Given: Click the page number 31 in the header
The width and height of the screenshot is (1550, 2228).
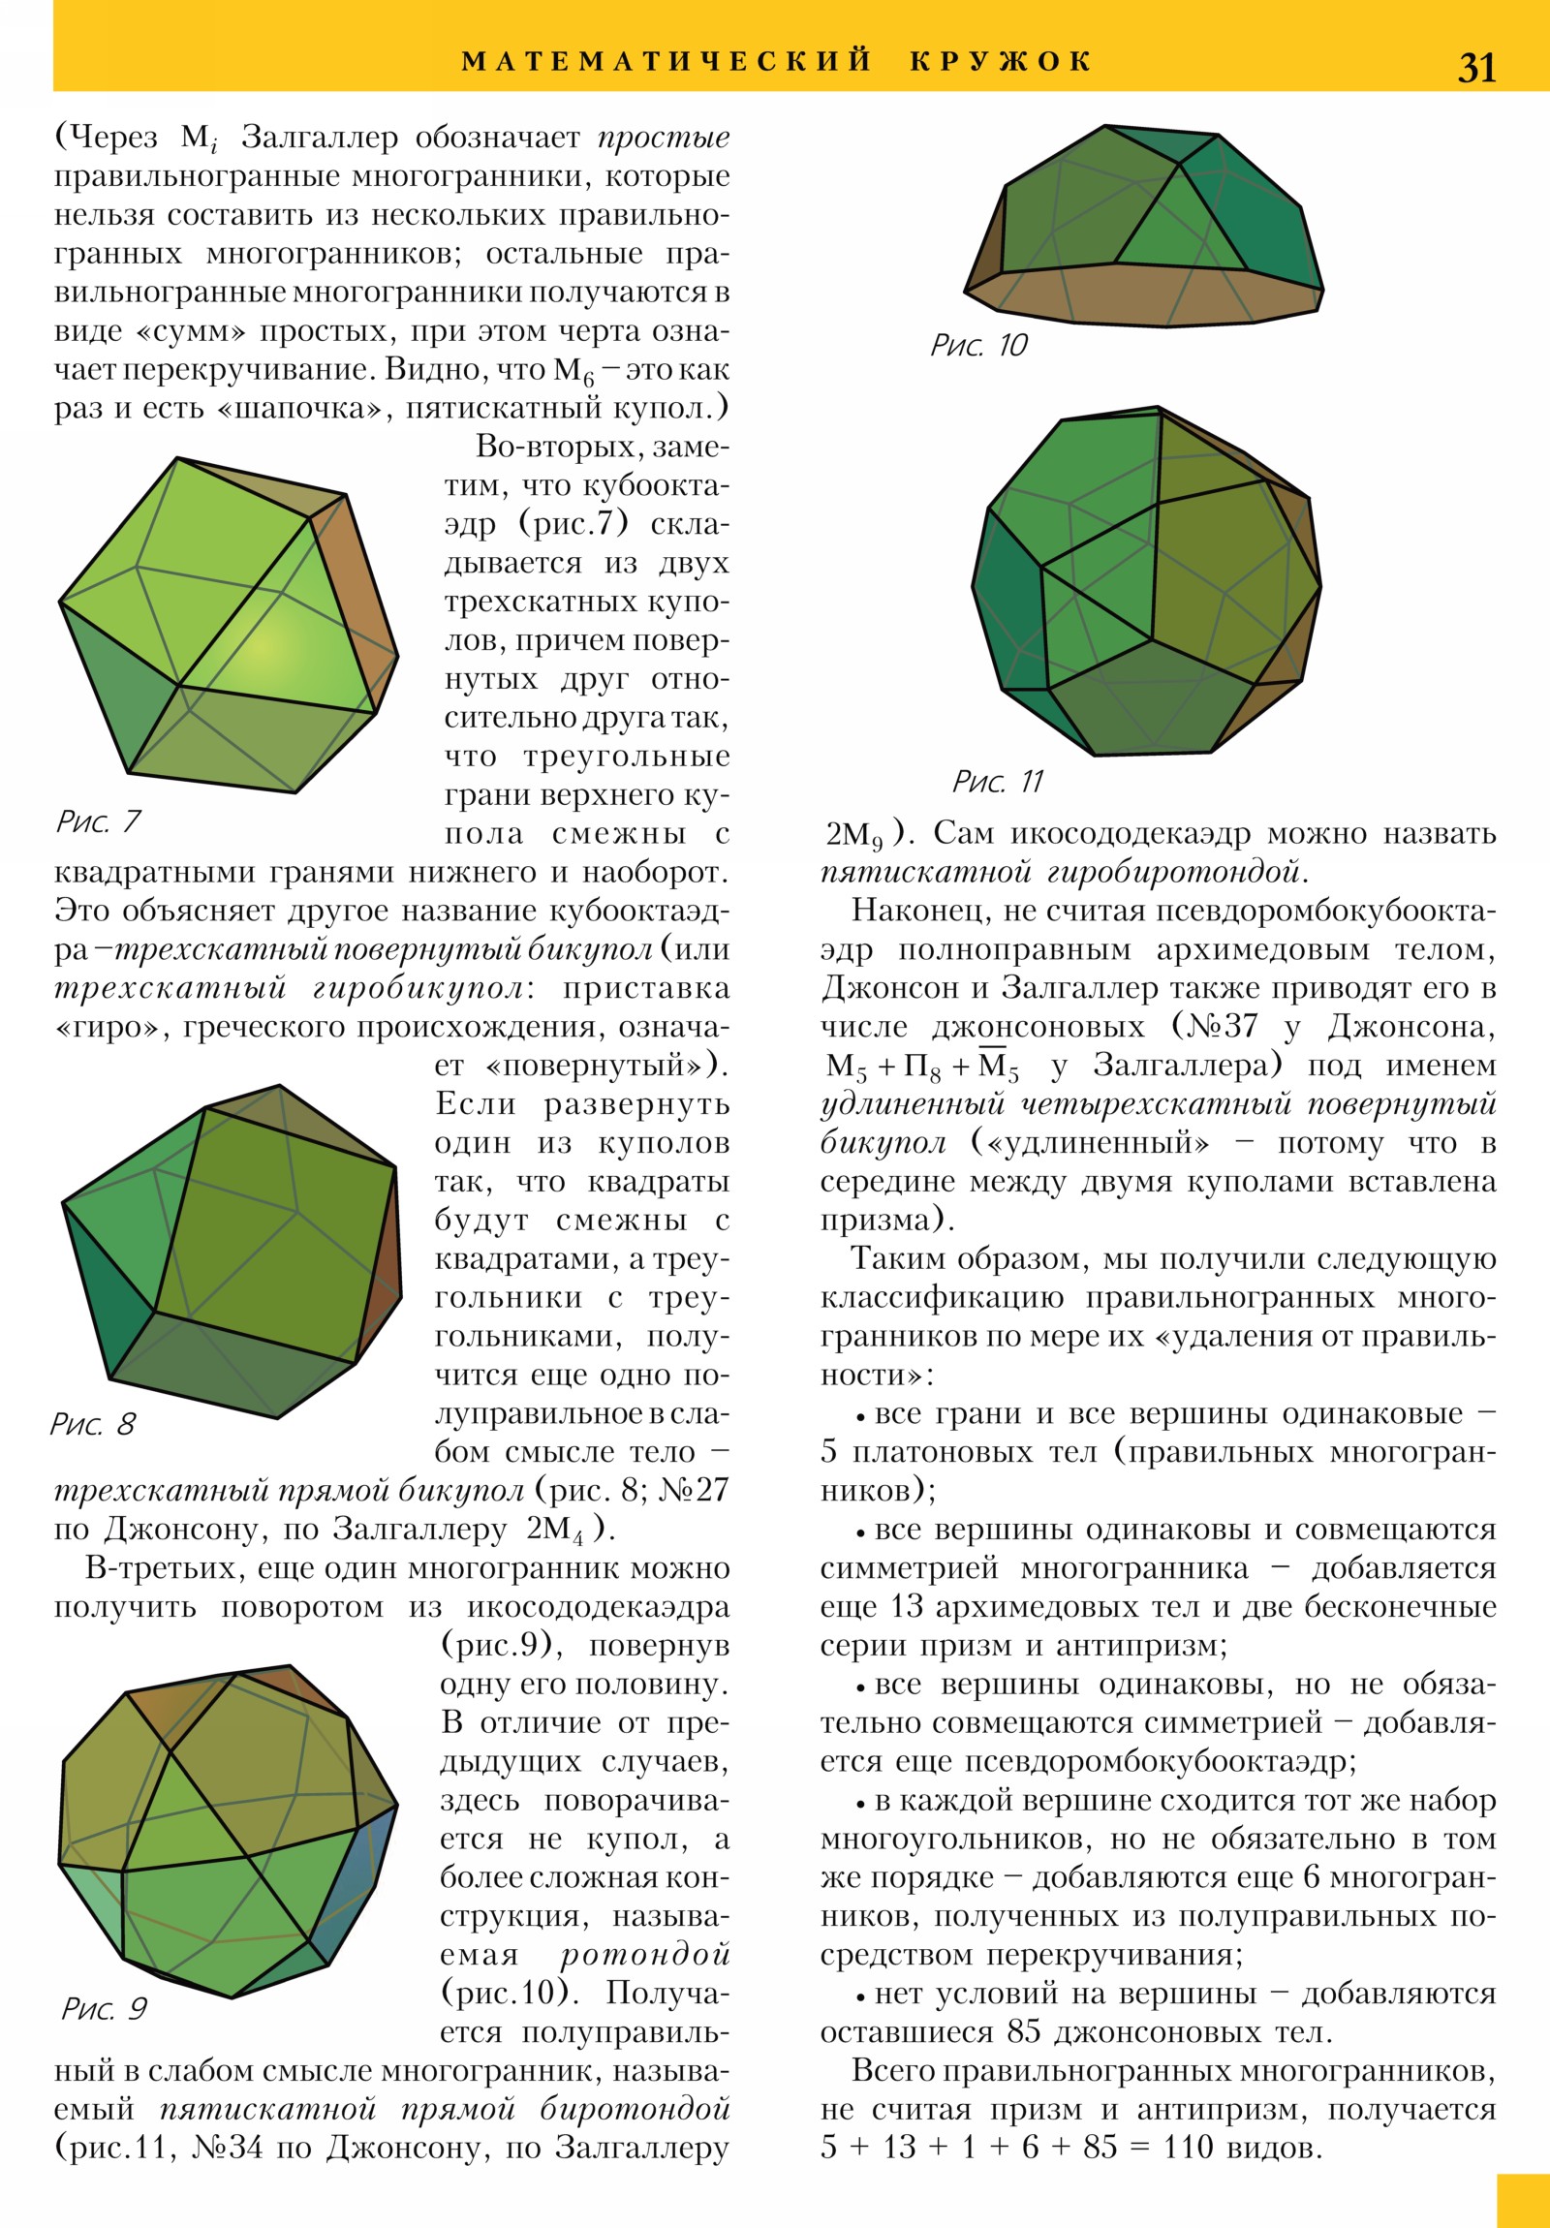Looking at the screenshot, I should click(1476, 67).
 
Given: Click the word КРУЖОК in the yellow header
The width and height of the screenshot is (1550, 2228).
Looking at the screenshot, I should click(1002, 61).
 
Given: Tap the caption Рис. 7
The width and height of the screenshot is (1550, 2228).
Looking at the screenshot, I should click(98, 821).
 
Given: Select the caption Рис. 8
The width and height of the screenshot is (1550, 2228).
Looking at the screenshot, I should click(92, 1424).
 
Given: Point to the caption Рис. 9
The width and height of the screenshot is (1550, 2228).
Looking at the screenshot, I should click(104, 2008).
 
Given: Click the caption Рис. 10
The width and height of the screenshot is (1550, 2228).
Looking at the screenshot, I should click(978, 346).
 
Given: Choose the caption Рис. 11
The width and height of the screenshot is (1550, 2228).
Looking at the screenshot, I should click(998, 781).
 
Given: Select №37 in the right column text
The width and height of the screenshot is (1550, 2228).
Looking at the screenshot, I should click(1213, 1026).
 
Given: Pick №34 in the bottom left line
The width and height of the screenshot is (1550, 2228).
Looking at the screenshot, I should click(227, 2148).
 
